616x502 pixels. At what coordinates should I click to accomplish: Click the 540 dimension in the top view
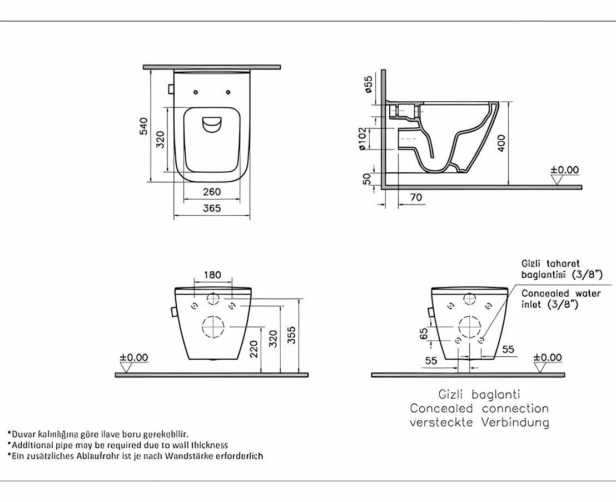(x=143, y=127)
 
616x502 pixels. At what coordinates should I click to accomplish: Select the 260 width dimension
(x=212, y=192)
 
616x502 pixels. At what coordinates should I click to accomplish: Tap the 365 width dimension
(x=212, y=208)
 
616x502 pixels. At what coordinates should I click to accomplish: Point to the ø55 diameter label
(x=368, y=84)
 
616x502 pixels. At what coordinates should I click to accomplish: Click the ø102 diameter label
(x=362, y=139)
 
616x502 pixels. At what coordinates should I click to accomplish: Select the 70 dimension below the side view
(x=416, y=197)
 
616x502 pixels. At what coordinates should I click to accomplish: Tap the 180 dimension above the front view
(x=212, y=275)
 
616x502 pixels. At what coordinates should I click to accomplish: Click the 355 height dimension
(x=292, y=335)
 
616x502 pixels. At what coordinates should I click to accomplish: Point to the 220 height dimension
(x=254, y=349)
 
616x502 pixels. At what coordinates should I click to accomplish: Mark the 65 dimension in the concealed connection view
(x=424, y=334)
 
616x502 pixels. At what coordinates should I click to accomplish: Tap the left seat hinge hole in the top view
(x=196, y=92)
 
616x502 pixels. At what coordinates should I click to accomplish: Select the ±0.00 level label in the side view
(x=564, y=170)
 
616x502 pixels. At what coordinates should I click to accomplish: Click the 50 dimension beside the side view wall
(x=367, y=179)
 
